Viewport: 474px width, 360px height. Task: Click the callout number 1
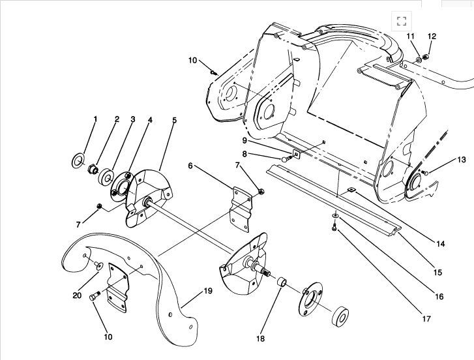click(95, 119)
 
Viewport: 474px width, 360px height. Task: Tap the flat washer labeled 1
click(78, 160)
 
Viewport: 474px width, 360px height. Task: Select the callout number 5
click(174, 120)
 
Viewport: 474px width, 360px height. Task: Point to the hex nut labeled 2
click(93, 170)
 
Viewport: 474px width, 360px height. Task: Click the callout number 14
click(441, 244)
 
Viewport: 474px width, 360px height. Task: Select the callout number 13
click(462, 159)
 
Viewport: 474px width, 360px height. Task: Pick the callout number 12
click(431, 36)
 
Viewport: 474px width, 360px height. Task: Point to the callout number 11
click(410, 36)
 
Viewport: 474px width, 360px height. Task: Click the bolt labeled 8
click(286, 158)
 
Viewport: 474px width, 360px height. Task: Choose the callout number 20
click(76, 294)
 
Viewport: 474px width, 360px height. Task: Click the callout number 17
click(426, 319)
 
